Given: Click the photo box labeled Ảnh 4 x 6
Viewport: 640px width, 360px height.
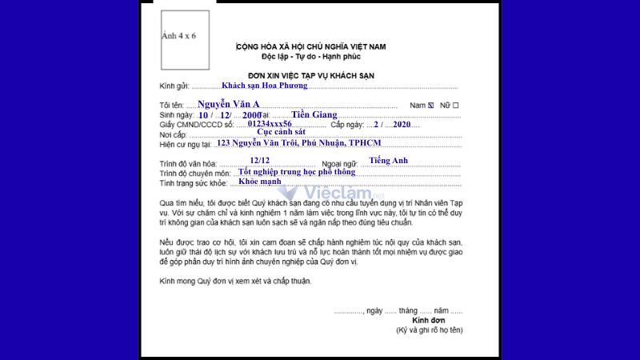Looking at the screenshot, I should (x=185, y=39).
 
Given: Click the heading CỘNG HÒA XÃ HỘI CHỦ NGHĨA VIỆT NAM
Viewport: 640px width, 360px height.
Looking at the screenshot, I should (x=311, y=47).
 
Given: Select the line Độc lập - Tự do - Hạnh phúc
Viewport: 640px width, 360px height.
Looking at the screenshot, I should (x=311, y=58).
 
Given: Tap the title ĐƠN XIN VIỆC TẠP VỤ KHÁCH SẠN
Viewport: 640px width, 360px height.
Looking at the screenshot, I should (x=311, y=76).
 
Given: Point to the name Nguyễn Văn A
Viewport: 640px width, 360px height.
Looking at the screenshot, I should (x=229, y=104).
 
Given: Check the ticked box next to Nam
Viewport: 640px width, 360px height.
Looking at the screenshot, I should (x=431, y=106).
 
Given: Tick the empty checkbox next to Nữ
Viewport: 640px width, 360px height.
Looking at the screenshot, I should (x=456, y=106).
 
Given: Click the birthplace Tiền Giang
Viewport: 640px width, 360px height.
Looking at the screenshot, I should (x=314, y=114).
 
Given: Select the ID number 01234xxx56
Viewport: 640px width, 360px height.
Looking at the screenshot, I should (x=270, y=124).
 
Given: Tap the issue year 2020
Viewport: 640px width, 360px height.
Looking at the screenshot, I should (x=402, y=125).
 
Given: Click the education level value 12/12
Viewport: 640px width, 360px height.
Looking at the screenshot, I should (x=260, y=161).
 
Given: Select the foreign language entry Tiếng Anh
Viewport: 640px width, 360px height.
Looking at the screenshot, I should (x=389, y=161).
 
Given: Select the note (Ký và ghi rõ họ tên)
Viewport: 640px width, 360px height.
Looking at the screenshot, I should (x=428, y=330).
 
